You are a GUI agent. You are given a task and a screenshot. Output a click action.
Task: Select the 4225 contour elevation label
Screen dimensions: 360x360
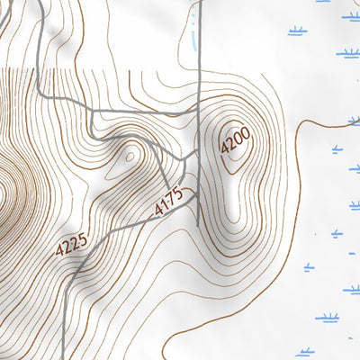tap(71, 244)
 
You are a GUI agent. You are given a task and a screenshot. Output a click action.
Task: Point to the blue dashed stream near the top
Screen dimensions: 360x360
tap(192, 31)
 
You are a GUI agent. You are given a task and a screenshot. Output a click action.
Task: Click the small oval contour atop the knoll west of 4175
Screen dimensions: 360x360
tap(129, 156)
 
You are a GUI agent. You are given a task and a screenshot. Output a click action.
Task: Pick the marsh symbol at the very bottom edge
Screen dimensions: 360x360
tap(305, 353)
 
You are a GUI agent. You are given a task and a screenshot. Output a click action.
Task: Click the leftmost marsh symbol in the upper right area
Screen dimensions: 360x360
tap(297, 31)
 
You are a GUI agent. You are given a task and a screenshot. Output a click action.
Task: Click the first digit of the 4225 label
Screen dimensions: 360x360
tap(59, 253)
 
